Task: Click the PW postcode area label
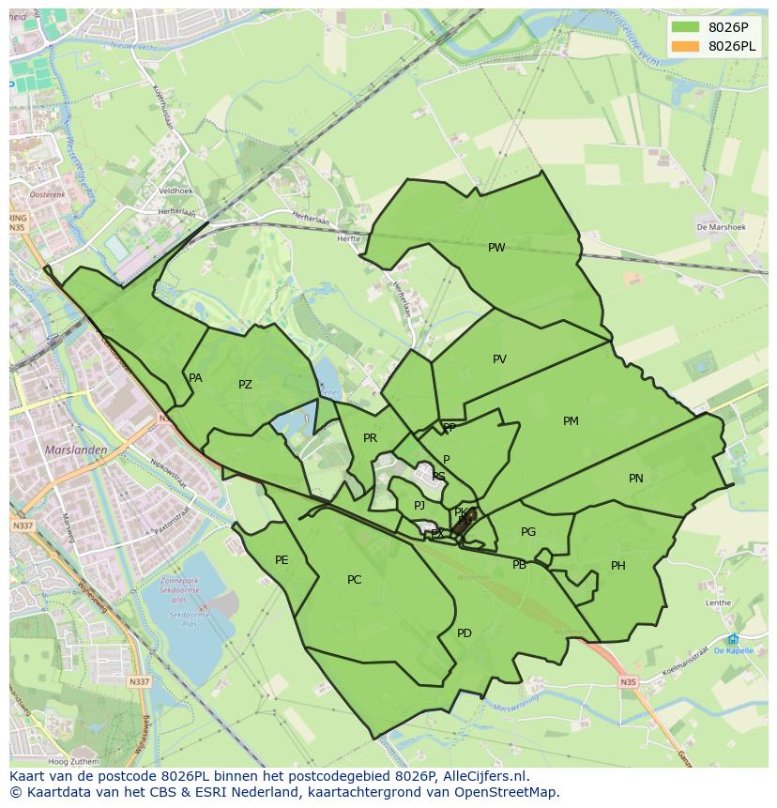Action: (496, 248)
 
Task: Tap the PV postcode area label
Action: (499, 359)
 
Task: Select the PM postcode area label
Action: (571, 421)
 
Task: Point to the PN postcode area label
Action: (636, 479)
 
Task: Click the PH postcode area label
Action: (618, 566)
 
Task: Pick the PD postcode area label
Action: (465, 633)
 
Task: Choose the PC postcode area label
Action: (354, 580)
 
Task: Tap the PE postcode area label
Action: (282, 560)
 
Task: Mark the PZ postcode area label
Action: (245, 385)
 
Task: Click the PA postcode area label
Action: (195, 378)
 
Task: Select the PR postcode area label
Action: (370, 438)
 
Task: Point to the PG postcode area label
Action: (528, 532)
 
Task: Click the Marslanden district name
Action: (76, 450)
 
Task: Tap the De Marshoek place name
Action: (720, 227)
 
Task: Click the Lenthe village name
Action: (718, 602)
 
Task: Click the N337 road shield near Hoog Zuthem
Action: (139, 681)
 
